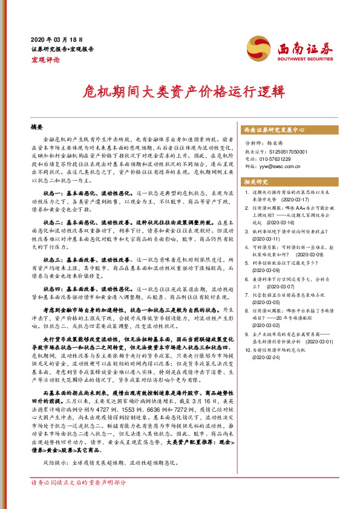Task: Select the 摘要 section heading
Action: [38, 128]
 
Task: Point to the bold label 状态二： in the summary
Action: [45, 222]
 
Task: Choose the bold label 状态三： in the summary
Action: [45, 259]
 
